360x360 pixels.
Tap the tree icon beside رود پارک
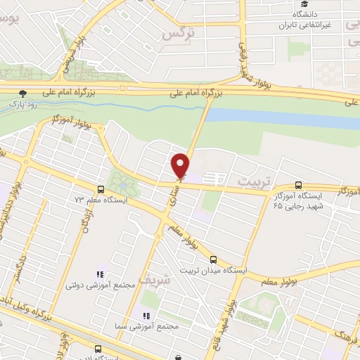pos(23,93)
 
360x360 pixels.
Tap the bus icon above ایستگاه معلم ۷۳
pos(101,189)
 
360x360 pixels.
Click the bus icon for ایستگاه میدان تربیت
pos(214,258)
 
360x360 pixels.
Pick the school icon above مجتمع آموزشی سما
pos(147,316)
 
